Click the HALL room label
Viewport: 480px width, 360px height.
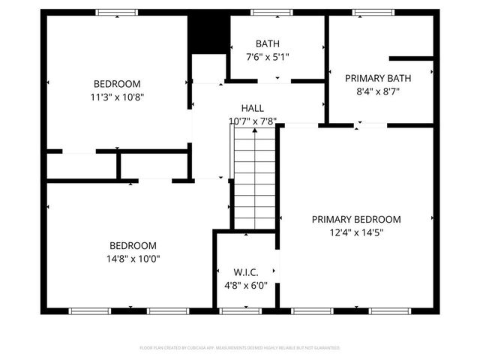point(252,109)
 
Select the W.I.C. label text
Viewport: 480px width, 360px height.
point(246,271)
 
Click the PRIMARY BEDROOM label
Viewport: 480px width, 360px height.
point(356,219)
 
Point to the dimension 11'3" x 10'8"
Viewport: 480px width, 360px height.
point(117,97)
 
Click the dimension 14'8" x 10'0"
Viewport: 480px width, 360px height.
point(133,259)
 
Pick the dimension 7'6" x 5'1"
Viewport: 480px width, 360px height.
point(267,56)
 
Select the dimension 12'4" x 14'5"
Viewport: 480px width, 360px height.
point(356,232)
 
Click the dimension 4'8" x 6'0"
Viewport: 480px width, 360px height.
point(246,285)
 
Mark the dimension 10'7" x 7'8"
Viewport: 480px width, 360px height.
point(253,121)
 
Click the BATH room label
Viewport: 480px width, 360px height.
point(267,43)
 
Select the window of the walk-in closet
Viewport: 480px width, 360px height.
point(240,310)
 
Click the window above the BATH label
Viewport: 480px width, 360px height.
point(272,12)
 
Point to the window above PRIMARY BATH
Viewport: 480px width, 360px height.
point(373,12)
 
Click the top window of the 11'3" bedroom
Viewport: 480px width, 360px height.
point(117,12)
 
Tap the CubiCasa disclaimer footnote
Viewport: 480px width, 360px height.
point(240,348)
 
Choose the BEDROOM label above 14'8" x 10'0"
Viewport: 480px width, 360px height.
point(133,245)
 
